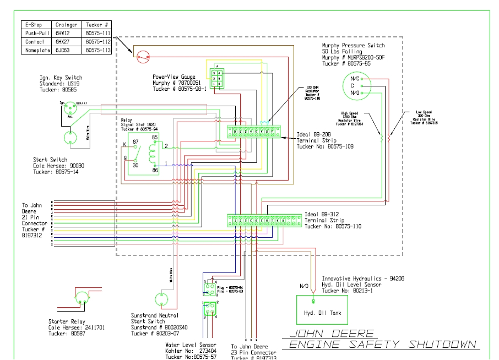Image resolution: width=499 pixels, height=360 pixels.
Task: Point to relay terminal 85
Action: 155,138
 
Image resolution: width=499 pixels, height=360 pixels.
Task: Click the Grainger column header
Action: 67,25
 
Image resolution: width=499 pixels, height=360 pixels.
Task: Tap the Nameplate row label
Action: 36,51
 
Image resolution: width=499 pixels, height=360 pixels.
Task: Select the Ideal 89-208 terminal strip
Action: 255,131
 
